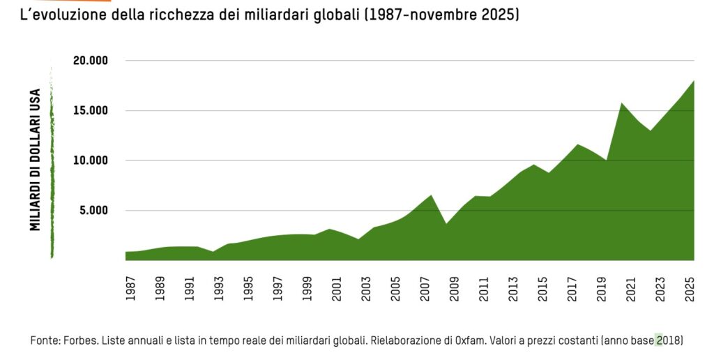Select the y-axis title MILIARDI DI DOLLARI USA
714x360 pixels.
[35, 159]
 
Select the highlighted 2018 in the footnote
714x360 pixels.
[668, 340]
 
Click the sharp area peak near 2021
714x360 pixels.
[621, 103]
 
